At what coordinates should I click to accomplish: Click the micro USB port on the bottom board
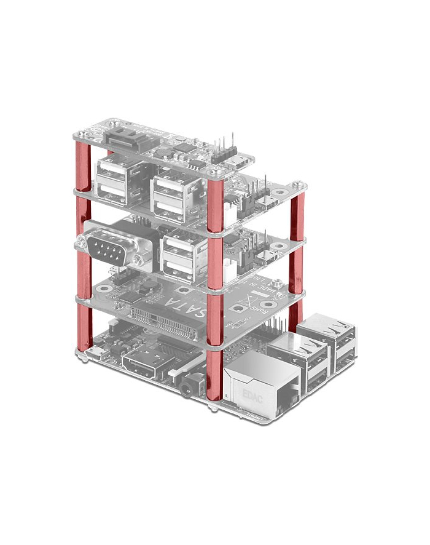pos(97,351)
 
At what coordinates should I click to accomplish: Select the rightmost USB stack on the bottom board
pos(335,348)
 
